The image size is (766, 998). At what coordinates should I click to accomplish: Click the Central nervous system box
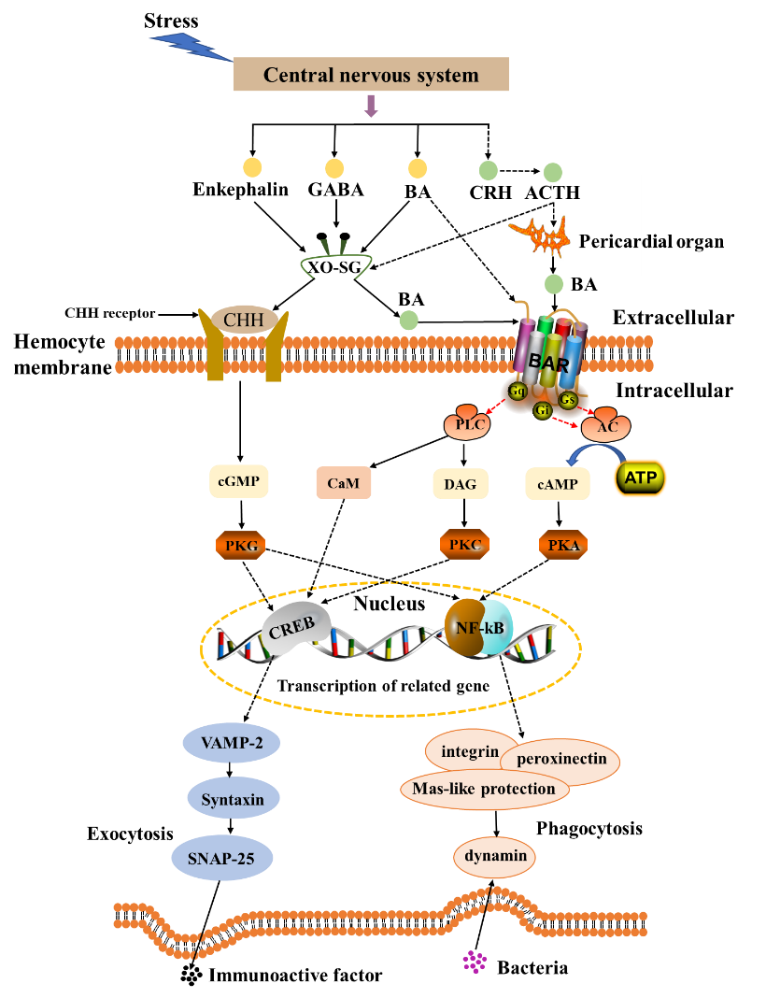370,75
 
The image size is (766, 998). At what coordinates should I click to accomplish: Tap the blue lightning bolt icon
190,43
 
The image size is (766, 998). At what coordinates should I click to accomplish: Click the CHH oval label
244,321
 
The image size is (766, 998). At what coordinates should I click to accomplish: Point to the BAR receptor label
548,361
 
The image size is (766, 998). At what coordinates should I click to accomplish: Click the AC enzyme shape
605,425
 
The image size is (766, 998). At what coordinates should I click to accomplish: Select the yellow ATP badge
640,478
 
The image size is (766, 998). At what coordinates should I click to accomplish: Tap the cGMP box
239,482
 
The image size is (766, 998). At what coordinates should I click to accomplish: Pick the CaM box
343,483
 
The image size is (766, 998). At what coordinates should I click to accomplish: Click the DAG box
460,484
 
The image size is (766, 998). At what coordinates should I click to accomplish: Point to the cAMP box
558,484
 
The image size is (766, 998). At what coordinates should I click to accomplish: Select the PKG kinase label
241,545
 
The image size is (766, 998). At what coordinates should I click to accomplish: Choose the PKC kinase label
464,544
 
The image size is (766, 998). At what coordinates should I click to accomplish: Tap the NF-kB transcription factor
478,628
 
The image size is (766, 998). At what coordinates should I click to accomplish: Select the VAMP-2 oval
231,744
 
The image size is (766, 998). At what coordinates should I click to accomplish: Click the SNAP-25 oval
222,858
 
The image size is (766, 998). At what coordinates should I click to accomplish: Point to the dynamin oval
495,856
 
